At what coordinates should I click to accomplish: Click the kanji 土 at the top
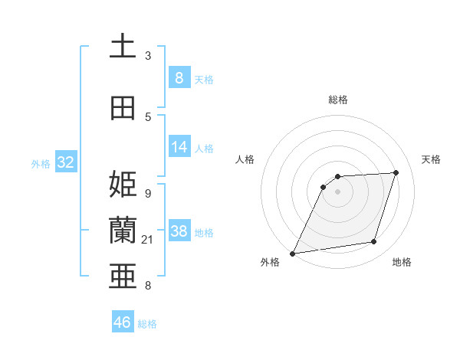click(x=123, y=47)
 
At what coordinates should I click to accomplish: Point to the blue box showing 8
click(x=179, y=77)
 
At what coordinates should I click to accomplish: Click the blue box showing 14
click(x=179, y=148)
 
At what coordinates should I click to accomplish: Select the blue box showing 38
click(x=179, y=231)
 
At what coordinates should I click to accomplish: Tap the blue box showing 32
click(x=65, y=162)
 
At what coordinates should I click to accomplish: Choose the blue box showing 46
click(x=123, y=322)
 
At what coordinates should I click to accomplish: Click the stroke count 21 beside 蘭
click(x=148, y=241)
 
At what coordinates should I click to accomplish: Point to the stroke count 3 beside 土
click(x=148, y=56)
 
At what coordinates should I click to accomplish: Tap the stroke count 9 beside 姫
click(x=148, y=193)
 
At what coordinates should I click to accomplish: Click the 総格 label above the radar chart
click(x=338, y=100)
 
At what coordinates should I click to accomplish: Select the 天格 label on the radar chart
click(x=431, y=159)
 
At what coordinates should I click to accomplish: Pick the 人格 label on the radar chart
click(x=245, y=159)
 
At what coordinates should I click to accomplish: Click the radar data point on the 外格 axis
click(x=293, y=253)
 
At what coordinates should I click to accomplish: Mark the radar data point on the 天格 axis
click(x=396, y=172)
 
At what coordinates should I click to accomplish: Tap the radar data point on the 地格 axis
click(x=374, y=242)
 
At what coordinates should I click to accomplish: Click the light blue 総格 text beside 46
click(x=148, y=324)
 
